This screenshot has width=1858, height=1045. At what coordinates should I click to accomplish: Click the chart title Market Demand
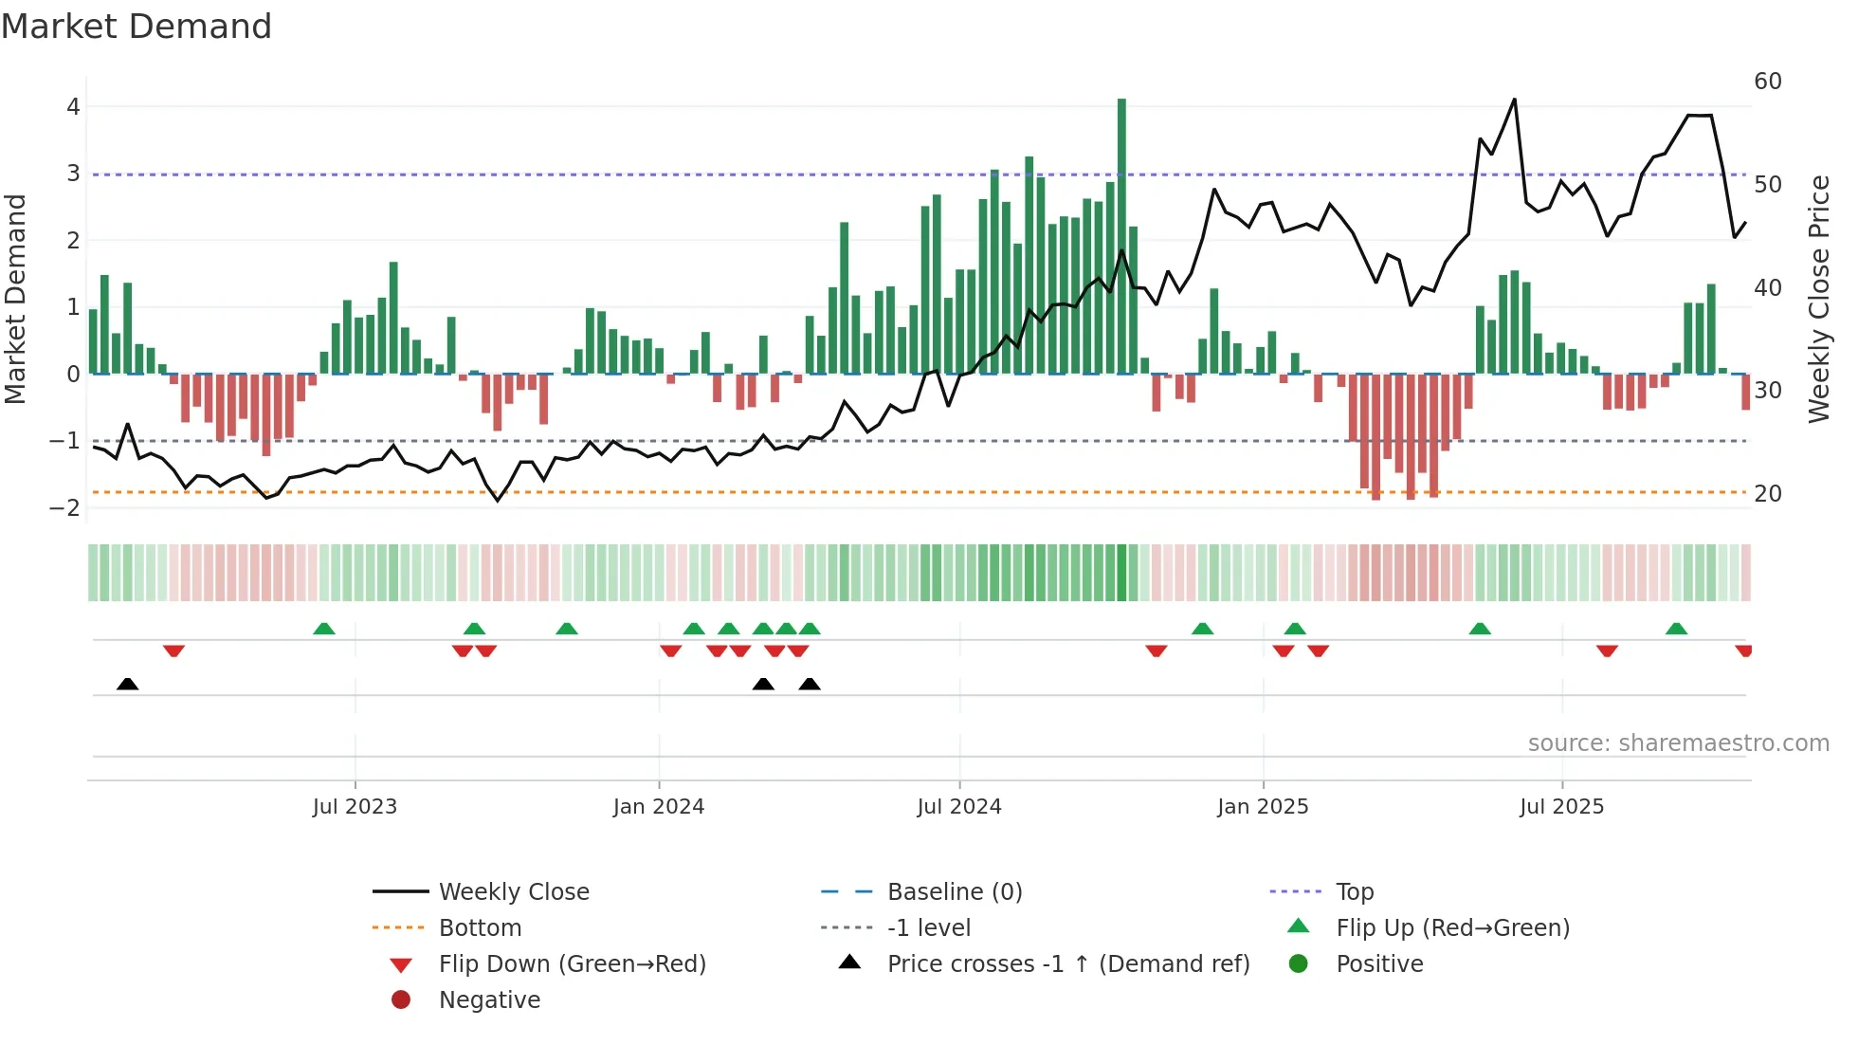[137, 27]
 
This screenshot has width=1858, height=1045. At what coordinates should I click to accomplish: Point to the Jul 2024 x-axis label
[958, 807]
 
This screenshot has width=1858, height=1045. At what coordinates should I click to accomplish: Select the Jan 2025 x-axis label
[1263, 807]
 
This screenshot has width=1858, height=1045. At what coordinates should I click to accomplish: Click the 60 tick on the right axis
[1767, 82]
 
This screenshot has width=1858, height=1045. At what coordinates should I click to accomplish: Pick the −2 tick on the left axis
[65, 507]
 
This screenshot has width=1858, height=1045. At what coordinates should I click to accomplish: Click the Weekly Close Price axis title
[1818, 299]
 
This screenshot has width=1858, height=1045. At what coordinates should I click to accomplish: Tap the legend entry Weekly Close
[513, 892]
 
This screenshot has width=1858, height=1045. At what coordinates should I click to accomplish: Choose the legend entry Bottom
[480, 928]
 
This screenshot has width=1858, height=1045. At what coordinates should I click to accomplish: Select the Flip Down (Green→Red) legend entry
[572, 964]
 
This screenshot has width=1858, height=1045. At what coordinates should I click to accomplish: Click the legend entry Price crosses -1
[1067, 964]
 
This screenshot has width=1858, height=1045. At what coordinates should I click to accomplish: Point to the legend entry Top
[1355, 892]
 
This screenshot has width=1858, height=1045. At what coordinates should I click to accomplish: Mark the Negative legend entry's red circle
[401, 1000]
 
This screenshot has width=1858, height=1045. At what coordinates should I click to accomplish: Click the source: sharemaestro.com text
[1678, 743]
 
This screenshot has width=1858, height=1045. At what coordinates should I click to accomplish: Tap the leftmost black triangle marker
[128, 684]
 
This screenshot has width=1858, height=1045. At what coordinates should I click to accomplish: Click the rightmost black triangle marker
[810, 684]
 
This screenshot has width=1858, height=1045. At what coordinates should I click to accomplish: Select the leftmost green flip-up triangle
[324, 629]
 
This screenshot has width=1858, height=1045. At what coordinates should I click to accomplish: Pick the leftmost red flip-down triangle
[173, 651]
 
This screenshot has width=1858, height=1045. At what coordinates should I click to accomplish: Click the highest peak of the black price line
[1514, 100]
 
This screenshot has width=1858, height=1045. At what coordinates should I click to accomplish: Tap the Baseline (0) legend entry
[954, 892]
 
